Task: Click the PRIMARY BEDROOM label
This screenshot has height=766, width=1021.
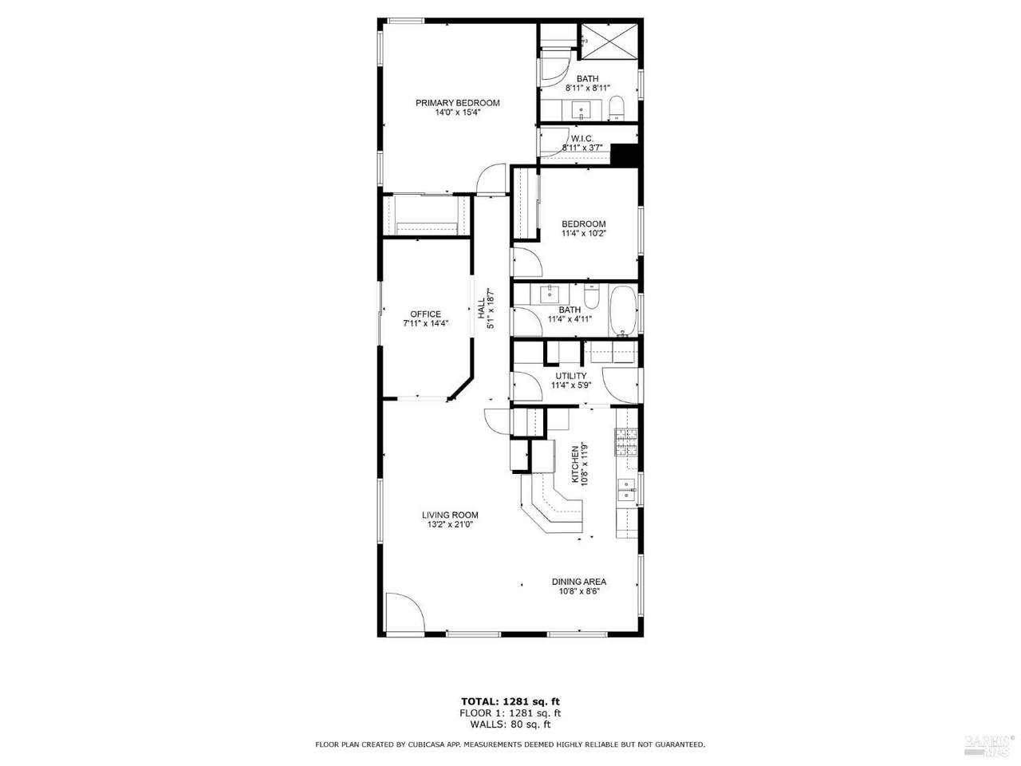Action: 457,103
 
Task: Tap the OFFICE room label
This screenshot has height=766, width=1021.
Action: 425,314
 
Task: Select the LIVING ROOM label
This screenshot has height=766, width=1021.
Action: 450,515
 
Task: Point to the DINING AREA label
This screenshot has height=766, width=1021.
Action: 578,582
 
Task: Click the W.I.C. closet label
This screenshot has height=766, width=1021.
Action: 582,139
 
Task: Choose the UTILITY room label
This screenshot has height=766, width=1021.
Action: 571,375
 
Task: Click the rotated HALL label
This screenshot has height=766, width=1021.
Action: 482,308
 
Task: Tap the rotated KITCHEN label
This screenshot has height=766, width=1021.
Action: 575,464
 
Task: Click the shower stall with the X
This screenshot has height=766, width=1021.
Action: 610,41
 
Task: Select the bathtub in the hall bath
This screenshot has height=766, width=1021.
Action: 623,310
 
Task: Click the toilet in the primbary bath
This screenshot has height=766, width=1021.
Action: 617,109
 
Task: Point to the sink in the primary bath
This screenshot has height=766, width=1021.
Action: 581,110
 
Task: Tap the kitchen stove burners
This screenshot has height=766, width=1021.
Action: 626,442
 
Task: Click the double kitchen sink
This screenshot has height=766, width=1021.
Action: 627,491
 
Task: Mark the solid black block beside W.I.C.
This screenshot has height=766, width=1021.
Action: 625,155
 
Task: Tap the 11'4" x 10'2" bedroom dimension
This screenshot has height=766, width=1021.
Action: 584,234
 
